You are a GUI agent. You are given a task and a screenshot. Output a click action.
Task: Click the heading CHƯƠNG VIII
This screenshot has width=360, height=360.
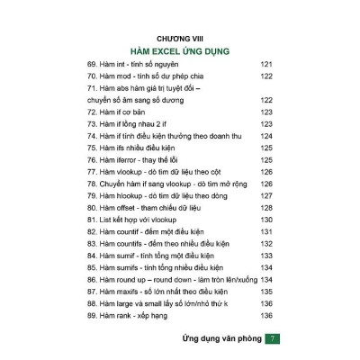pos(180,40)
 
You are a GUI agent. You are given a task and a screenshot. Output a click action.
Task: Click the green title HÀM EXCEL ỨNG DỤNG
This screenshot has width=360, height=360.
pos(180,52)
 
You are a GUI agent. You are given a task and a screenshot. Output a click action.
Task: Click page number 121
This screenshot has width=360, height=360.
pos(265,66)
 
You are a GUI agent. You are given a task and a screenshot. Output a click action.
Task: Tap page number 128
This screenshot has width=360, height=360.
pos(265,207)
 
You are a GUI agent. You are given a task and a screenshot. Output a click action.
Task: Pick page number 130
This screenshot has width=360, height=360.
pos(265,220)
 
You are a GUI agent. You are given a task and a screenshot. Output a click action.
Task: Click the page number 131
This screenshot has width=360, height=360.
pos(265,231)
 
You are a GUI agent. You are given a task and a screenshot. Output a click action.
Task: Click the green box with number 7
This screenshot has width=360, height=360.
pos(275,338)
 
